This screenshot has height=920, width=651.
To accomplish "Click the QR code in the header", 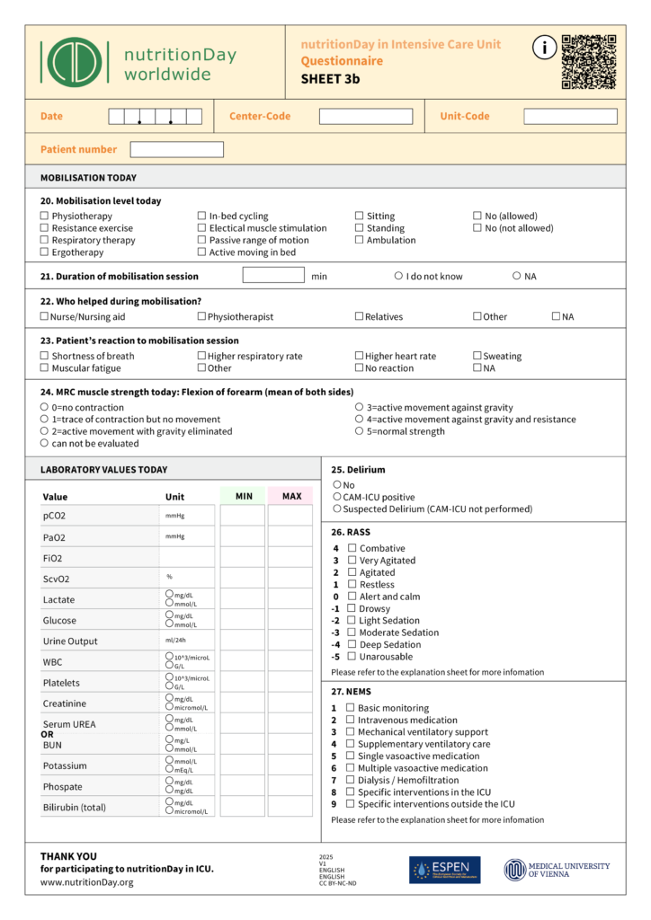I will click(589, 62).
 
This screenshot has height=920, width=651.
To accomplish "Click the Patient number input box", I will click(176, 149).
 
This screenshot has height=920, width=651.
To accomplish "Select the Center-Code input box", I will click(366, 117).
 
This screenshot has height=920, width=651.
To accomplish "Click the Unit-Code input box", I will click(570, 117).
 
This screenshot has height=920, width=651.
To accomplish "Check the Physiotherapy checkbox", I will click(45, 217).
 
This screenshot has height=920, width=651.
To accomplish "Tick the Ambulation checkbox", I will click(360, 240).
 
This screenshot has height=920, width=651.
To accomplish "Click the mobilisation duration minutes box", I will click(273, 276).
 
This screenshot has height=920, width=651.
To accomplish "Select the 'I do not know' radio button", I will click(398, 276).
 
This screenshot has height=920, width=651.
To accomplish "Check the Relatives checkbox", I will click(360, 316).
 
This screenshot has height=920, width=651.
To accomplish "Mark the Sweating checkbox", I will click(477, 356).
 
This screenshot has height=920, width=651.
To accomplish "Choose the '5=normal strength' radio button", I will click(360, 431).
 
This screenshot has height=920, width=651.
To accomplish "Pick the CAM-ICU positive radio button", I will click(337, 497).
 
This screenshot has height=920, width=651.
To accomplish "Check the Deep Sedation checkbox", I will click(352, 644).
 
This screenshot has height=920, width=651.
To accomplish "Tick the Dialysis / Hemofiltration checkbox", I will click(350, 780).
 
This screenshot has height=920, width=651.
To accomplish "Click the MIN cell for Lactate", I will click(243, 599).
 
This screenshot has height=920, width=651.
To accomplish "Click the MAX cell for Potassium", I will click(290, 765).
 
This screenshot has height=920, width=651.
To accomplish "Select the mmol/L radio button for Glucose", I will click(169, 624).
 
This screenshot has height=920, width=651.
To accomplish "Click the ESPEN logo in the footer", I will click(444, 870).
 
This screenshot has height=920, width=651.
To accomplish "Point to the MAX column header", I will click(290, 496).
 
